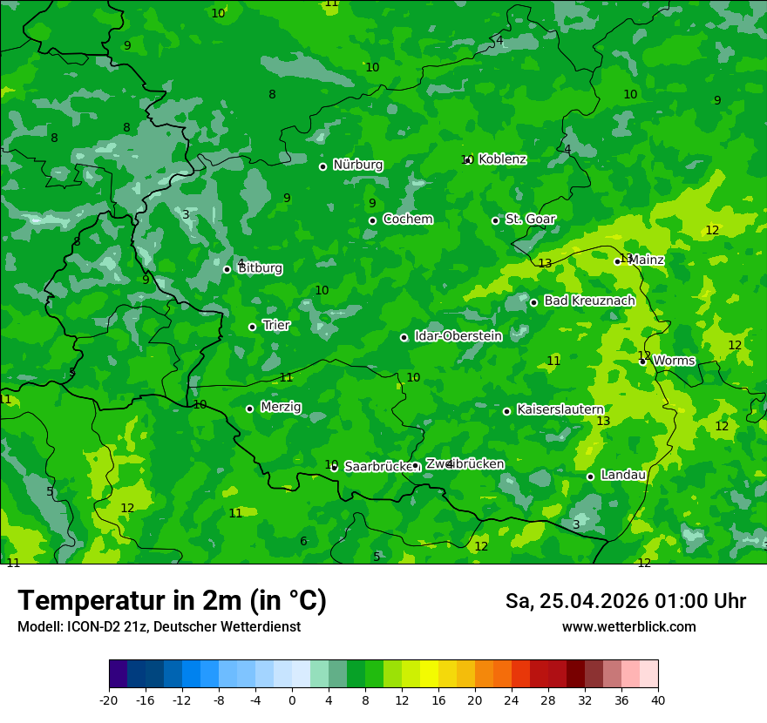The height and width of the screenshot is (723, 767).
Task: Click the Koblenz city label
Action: [502, 159]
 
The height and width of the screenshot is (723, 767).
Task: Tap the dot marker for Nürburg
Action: [322, 166]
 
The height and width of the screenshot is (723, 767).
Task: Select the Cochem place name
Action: [407, 220]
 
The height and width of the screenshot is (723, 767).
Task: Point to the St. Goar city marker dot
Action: [495, 220]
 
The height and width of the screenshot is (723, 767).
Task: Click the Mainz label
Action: [646, 260]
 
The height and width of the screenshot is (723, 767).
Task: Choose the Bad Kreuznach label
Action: [589, 301]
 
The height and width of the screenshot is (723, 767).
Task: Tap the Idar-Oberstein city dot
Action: [404, 337]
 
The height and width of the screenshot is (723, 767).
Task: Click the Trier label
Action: [276, 326]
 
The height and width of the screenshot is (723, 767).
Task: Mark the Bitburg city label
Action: [260, 268]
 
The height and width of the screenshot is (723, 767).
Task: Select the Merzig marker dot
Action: [249, 409]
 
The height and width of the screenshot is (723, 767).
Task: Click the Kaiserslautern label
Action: [560, 409]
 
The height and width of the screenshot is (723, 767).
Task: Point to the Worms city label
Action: [674, 361]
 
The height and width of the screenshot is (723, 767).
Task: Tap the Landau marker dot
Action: [590, 476]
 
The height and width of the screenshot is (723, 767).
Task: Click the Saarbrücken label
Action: [377, 467]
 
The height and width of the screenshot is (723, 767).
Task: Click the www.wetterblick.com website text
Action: [628, 627]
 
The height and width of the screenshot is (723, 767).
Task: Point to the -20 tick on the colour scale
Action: [109, 700]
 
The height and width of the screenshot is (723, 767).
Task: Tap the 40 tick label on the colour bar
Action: [658, 700]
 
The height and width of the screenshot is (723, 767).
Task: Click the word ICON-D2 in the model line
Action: [91, 627]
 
